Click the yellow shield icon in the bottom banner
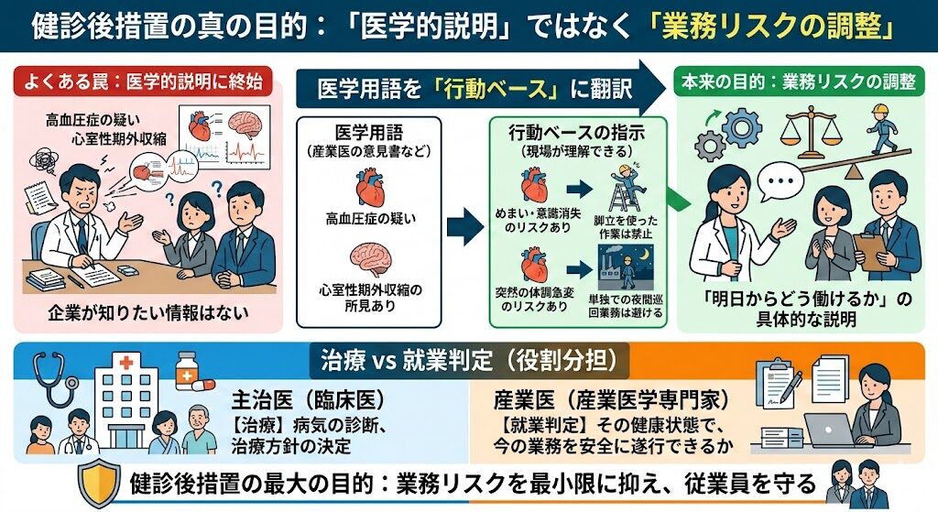pyautogui.click(x=98, y=484)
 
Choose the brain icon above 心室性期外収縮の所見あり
pyautogui.click(x=370, y=257)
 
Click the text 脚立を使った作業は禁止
pyautogui.click(x=625, y=227)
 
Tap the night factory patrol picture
pyautogui.click(x=626, y=267)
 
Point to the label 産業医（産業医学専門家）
pyautogui.click(x=612, y=400)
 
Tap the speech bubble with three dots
pyautogui.click(x=780, y=180)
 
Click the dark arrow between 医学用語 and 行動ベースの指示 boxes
pyautogui.click(x=464, y=227)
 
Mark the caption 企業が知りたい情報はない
pyautogui.click(x=148, y=312)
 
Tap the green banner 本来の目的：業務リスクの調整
pyautogui.click(x=799, y=82)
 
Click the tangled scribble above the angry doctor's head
pyautogui.click(x=44, y=159)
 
